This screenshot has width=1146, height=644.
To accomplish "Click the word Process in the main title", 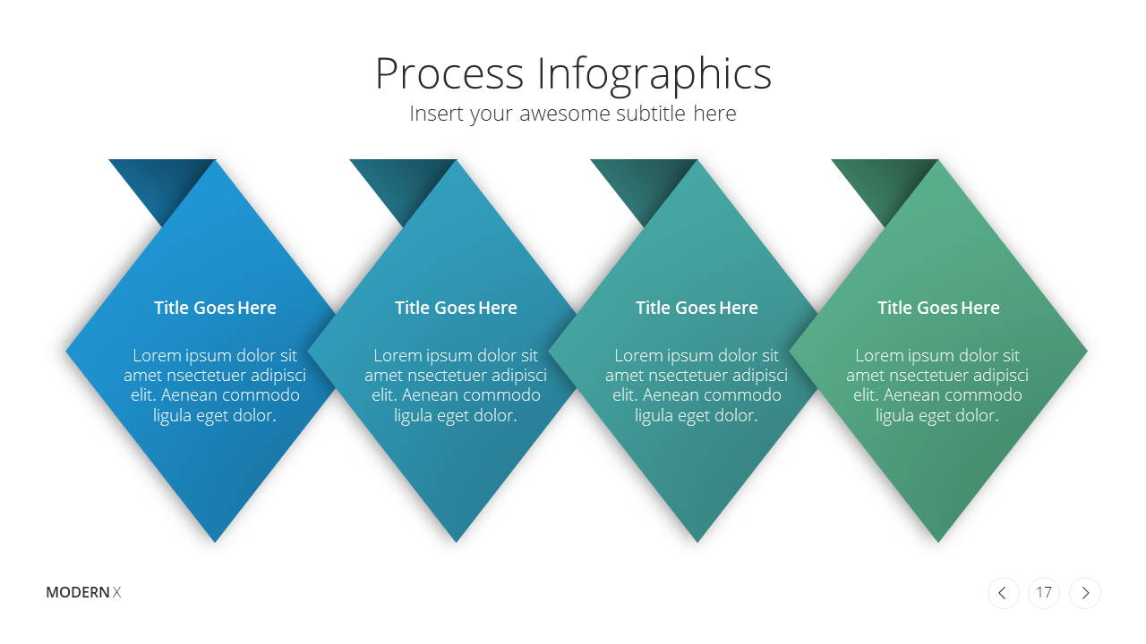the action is point(449,73).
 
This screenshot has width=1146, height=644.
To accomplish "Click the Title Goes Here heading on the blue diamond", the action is point(215,308).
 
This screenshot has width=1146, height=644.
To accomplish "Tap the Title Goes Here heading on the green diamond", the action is point(938,308).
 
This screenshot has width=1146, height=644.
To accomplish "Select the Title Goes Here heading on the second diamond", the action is point(456,308).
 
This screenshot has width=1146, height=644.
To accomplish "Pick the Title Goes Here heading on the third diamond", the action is point(697,308).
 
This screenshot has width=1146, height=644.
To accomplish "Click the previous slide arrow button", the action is point(1003,593).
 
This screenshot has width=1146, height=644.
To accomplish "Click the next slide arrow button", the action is point(1084,593).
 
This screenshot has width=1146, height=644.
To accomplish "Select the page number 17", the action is point(1044,592).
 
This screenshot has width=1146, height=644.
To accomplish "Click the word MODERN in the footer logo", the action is point(78,592).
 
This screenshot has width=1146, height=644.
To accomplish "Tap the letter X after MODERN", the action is point(116,592).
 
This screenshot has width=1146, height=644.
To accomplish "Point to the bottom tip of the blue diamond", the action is point(215,542).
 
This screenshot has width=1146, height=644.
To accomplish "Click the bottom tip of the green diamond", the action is point(938,542).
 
